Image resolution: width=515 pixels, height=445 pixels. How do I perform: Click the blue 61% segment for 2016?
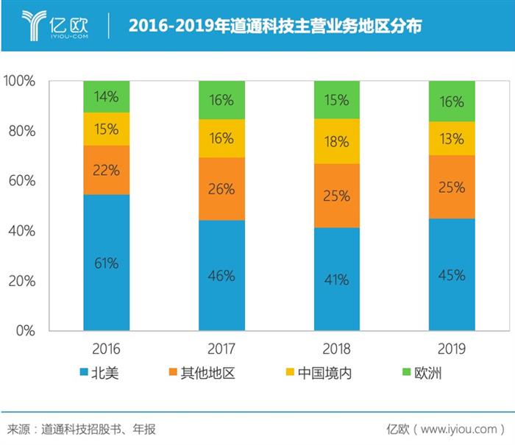coord(106,263)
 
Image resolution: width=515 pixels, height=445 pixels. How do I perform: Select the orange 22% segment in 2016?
coord(106,169)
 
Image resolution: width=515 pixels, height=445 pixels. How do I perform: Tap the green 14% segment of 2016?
coord(106,96)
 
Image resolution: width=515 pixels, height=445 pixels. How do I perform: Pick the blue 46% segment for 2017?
coord(221,276)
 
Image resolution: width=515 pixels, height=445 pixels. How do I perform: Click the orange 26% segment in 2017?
coord(221,189)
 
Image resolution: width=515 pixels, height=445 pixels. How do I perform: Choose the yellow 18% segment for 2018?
coord(337,141)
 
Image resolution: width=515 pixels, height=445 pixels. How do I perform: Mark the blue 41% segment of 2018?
coord(337,280)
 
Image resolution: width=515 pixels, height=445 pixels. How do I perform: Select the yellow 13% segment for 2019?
coord(452,138)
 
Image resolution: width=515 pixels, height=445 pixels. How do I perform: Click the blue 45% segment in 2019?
coord(452,275)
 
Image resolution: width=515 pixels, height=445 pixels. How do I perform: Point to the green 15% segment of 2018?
coord(337,100)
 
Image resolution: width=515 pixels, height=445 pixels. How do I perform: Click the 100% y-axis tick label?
coord(18,81)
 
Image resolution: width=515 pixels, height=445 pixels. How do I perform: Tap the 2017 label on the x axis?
coord(221,348)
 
